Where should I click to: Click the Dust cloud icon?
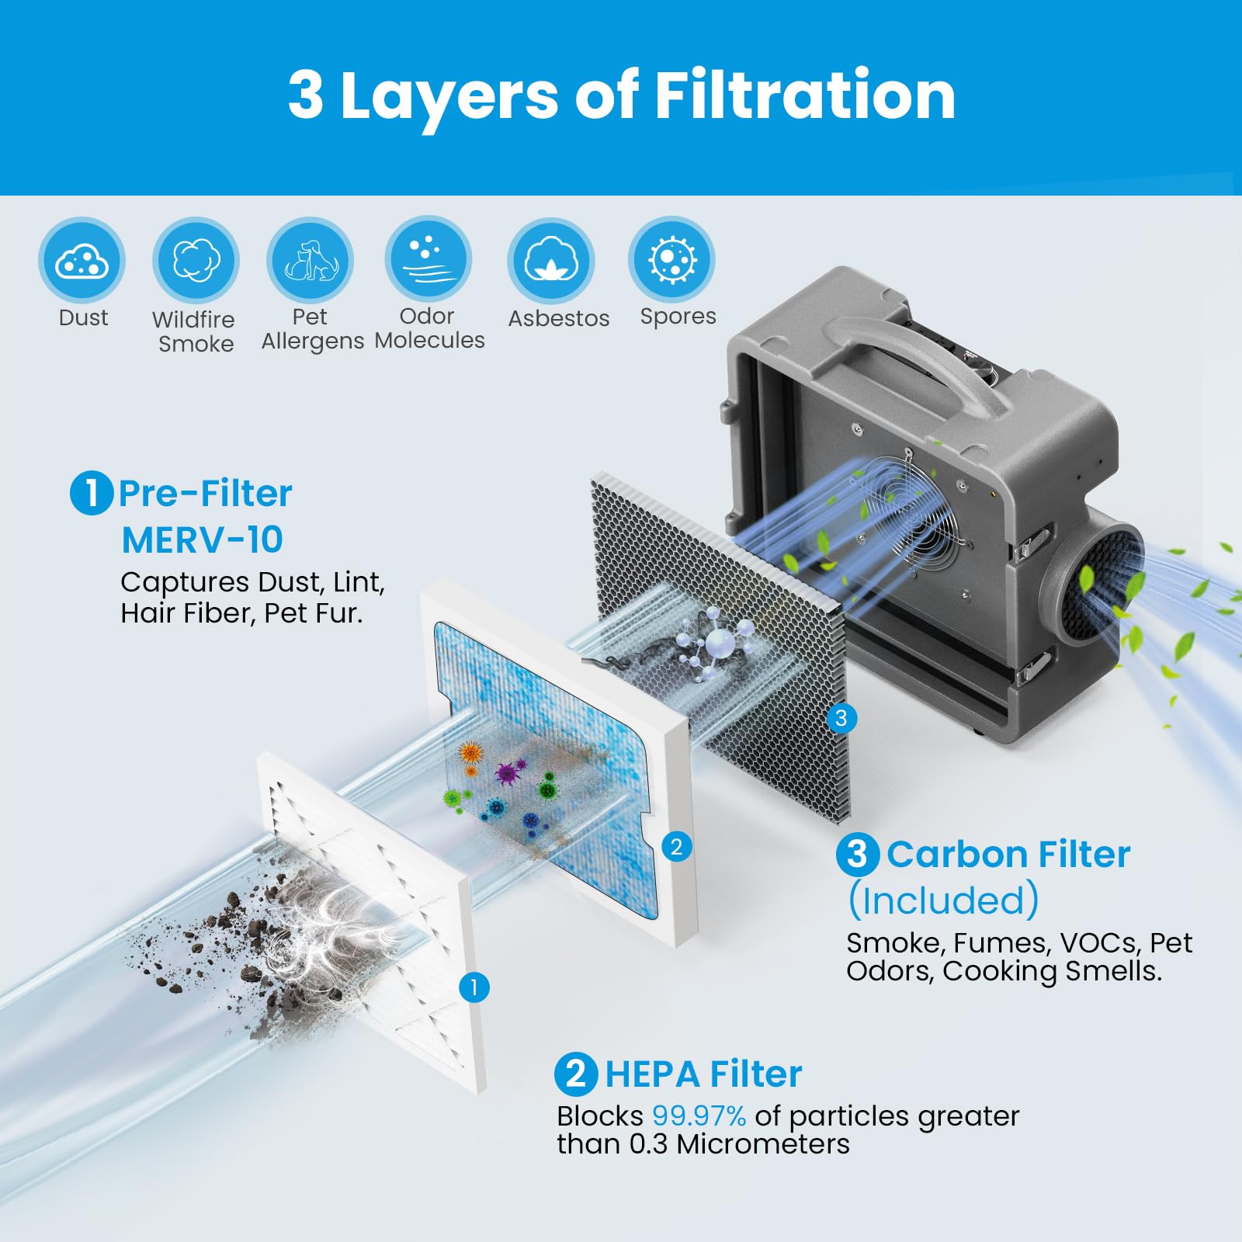point(82,260)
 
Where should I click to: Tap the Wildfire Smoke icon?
point(196,260)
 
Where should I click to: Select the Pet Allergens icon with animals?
point(310,260)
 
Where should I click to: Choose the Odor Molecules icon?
point(428,259)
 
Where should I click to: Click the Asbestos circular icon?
point(551,260)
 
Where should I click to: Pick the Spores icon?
point(671,259)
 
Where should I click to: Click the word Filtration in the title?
point(805,95)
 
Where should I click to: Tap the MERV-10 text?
point(203,540)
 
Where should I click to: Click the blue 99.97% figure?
point(699,1116)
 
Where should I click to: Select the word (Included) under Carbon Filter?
point(943,900)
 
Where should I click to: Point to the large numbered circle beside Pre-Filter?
point(92,493)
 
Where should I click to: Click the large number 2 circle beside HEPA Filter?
point(576,1074)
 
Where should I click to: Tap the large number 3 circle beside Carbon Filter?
point(857,855)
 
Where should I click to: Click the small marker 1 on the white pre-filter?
point(474,987)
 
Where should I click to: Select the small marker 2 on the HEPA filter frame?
point(676,847)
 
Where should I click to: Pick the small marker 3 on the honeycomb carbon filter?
point(841,718)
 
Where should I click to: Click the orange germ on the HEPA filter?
point(470,753)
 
